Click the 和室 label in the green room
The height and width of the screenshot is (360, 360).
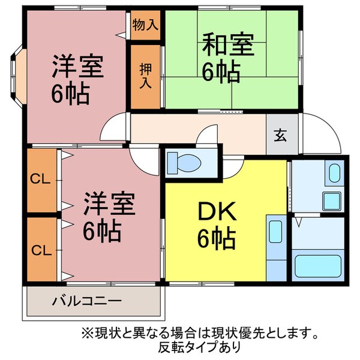[227, 44]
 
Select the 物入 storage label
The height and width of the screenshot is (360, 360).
[145, 25]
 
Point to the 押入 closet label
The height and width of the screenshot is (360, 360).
[146, 76]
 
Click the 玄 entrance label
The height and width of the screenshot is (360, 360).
[281, 135]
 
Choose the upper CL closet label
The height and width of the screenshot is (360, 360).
[40, 179]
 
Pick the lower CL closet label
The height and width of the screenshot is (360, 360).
[40, 249]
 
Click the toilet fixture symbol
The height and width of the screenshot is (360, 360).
[184, 162]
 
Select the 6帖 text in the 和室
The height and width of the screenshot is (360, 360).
[221, 72]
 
